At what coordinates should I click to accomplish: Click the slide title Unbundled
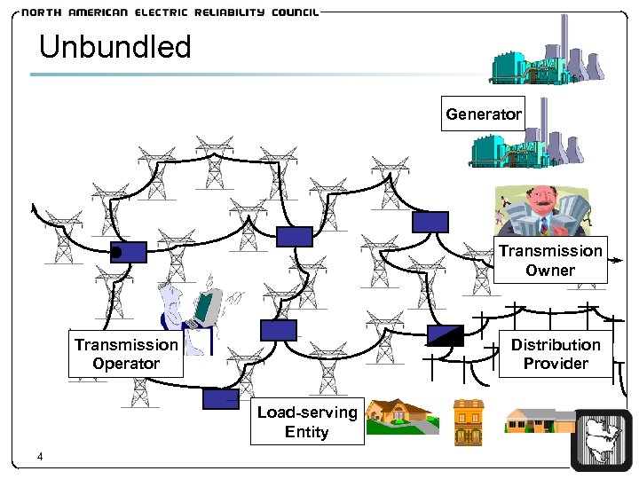(x=115, y=47)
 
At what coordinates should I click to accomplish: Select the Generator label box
(x=484, y=114)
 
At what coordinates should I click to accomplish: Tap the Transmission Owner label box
(x=550, y=261)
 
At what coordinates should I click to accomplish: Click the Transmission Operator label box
(x=126, y=354)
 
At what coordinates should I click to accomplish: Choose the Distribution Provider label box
(x=556, y=354)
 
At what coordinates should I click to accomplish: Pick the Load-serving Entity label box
(x=307, y=422)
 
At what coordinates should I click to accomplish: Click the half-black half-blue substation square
(x=445, y=334)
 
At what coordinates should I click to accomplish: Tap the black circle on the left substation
(x=116, y=254)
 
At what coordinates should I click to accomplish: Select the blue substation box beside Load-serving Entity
(x=221, y=399)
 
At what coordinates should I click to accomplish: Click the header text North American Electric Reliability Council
(x=169, y=13)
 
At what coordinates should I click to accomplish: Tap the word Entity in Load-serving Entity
(x=307, y=432)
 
